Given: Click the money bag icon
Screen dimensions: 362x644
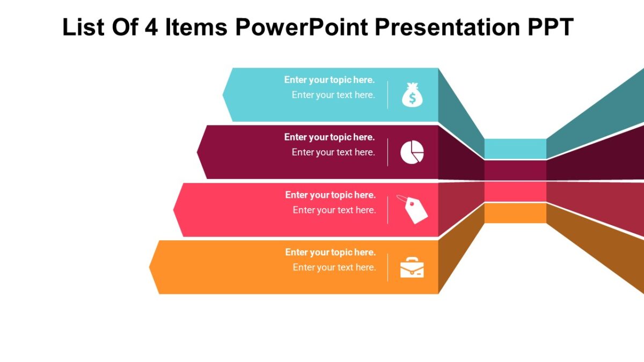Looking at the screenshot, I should point(412,95).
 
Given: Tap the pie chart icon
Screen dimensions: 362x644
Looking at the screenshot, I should point(412,152).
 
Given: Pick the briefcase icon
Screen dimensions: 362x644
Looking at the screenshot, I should point(412,267).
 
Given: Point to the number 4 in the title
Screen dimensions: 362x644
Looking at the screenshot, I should point(151,27).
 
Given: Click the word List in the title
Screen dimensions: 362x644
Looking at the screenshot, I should point(84,27).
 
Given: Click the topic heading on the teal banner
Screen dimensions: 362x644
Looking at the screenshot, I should point(329,80).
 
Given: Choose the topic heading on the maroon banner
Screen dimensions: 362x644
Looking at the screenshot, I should point(329,137).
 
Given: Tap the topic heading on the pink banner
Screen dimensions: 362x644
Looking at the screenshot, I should point(330,195).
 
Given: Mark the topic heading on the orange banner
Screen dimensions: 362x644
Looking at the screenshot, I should point(330,253).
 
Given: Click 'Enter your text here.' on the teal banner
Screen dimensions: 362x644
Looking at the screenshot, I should point(333,95).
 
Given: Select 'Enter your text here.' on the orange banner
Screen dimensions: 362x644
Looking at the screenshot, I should point(334,268).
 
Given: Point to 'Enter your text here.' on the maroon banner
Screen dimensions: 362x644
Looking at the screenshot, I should point(333,152).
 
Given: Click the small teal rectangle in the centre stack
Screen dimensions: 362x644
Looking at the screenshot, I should point(515,149).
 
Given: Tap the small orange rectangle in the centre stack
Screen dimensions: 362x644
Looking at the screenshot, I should point(515,213).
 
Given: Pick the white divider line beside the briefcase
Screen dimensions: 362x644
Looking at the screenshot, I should point(388,267).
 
